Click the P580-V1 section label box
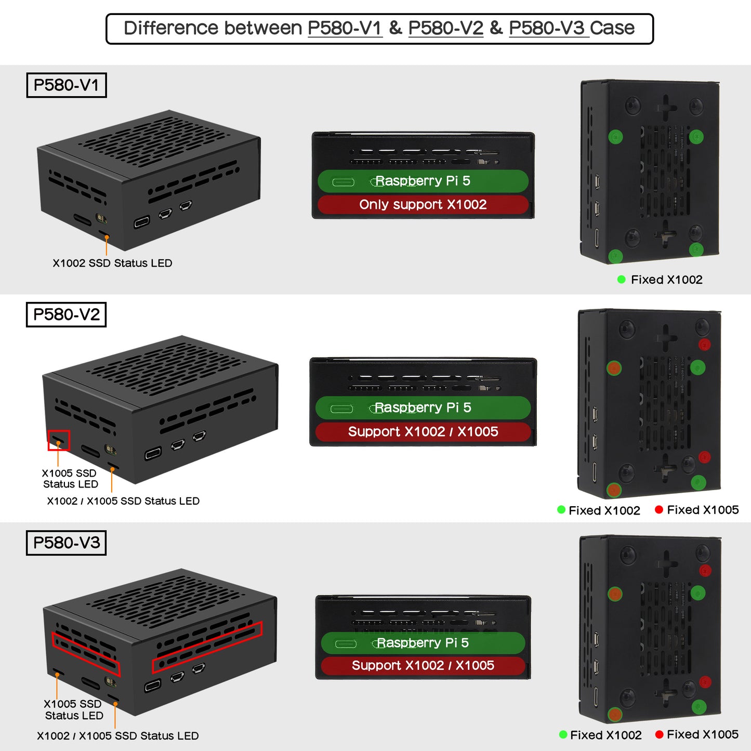tap(66, 85)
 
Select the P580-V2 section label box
tap(66, 314)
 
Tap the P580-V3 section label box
tap(66, 543)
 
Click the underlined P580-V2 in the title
tap(446, 28)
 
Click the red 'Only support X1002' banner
tap(423, 205)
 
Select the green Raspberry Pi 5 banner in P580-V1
tap(423, 181)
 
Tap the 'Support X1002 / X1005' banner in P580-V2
tap(423, 431)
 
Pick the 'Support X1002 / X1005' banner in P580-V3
tap(423, 665)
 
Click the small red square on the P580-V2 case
tap(59, 440)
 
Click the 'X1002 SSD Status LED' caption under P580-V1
tap(112, 263)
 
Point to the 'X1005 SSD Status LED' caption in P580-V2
tap(70, 479)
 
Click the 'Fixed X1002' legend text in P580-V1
tap(666, 280)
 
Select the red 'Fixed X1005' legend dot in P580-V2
tap(659, 510)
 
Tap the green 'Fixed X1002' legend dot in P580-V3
tap(563, 735)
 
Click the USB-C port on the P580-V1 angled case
tap(141, 222)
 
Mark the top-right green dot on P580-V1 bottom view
tap(696, 137)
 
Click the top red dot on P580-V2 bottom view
tap(704, 345)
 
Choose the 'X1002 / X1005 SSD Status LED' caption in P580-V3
tap(117, 736)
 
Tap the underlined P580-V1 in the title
tap(345, 28)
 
